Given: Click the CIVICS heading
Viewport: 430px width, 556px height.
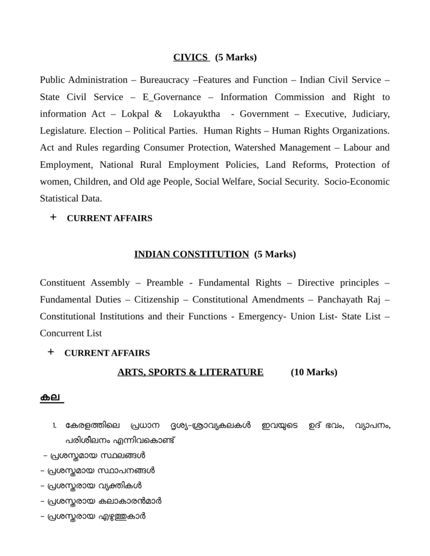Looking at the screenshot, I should pos(191,57).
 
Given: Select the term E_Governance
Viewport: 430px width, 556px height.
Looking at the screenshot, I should pos(172,97).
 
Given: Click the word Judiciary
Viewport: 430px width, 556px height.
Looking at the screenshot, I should pos(371,114).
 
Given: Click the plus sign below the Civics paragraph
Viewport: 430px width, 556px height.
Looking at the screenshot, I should pos(53,218).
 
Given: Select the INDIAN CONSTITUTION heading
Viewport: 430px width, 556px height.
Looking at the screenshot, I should pos(191,254).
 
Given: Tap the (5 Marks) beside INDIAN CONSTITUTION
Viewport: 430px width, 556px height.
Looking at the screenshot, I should pos(275,254).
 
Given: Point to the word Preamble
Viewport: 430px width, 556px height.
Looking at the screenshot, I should pos(165,282).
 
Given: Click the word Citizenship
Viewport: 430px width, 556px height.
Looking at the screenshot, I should pos(157,299).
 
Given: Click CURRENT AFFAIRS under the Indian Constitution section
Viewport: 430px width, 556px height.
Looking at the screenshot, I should pos(107,353).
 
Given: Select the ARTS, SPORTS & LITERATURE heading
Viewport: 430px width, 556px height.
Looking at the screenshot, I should pos(190,372).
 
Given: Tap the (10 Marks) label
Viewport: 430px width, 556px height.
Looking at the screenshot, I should pos(314,372).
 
